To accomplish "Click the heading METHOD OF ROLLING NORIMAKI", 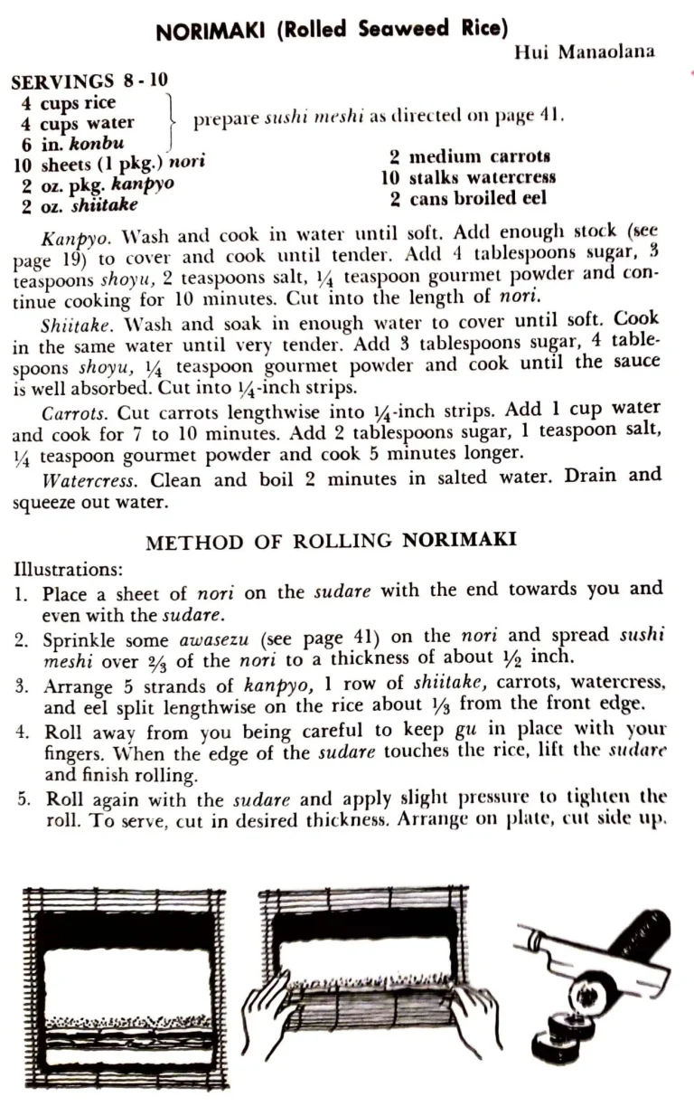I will coord(331,543).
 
